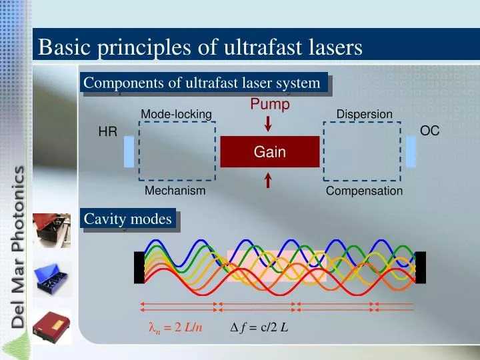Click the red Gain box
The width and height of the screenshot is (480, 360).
coord(269,152)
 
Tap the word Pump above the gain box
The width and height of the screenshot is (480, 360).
coord(270,105)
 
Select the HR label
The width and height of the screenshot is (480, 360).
coord(107,133)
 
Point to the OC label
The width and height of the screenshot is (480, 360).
coord(429,131)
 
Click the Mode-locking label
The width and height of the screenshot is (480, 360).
coord(176,115)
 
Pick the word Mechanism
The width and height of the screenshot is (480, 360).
coord(175,191)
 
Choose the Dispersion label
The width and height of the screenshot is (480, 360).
coord(364,115)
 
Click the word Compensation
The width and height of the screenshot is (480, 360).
coord(364,191)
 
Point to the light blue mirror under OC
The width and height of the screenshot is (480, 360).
coord(411,151)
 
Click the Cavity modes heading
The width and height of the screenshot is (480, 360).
coord(128,219)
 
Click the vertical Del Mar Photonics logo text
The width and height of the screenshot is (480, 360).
coord(19,247)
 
